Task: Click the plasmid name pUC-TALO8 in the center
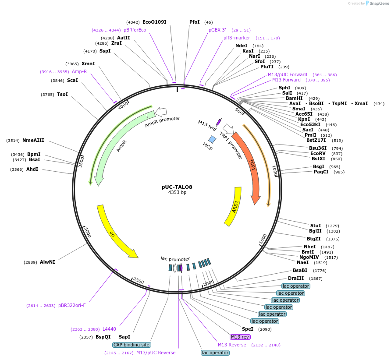[x=177, y=187]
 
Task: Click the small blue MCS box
[x=212, y=139]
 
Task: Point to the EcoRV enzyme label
[x=318, y=153]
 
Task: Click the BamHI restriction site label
[x=294, y=99]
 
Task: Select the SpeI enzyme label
[x=248, y=329]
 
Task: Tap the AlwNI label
[x=47, y=262]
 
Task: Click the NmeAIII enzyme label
[x=33, y=140]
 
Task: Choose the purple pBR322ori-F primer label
[x=72, y=305]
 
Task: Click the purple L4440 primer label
[x=109, y=329]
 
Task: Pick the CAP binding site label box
[x=132, y=345]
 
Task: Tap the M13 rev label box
[x=240, y=337]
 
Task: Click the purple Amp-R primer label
[x=79, y=71]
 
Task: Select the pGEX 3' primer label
[x=217, y=30]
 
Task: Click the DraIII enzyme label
[x=296, y=278]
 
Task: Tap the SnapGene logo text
[x=379, y=3]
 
